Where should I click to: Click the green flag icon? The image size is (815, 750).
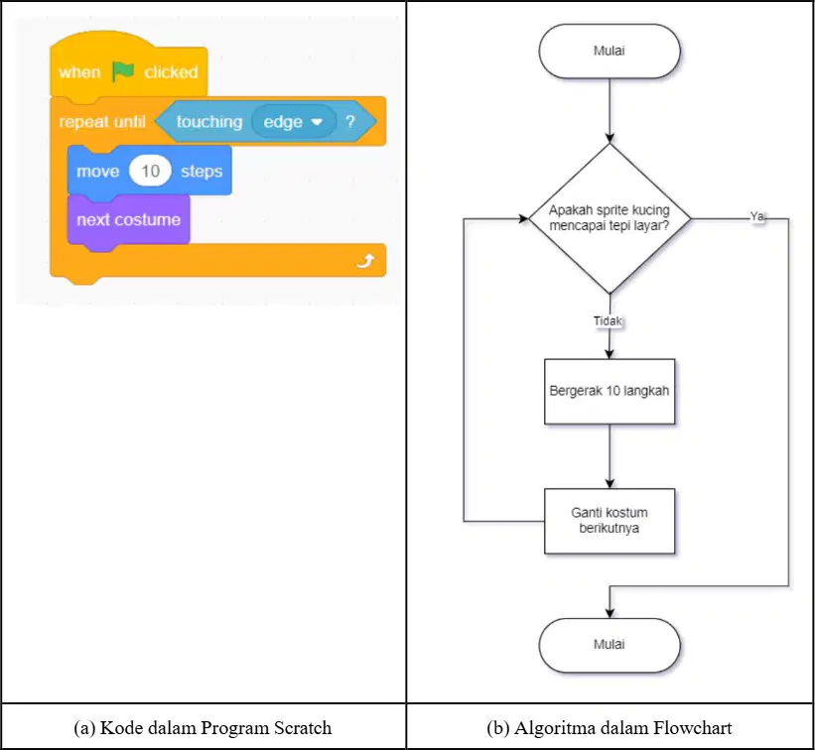(123, 71)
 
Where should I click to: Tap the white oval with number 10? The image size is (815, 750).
(150, 171)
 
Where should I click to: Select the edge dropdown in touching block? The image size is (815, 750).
(294, 122)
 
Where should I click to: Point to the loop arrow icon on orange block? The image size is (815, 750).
(365, 260)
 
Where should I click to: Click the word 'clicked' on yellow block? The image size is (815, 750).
(171, 71)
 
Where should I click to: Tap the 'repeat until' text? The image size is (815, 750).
(102, 122)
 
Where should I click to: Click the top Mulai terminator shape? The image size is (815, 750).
(610, 51)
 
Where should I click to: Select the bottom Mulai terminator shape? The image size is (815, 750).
(610, 645)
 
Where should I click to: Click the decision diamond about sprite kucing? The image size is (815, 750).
(610, 218)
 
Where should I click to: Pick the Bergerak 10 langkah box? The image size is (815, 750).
(610, 391)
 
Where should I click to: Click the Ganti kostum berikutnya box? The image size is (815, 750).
(610, 521)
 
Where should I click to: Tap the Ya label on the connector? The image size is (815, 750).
(757, 216)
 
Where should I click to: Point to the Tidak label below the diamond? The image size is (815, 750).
(608, 321)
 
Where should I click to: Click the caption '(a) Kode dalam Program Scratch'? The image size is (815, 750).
(203, 727)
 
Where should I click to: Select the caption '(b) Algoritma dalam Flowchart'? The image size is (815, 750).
(610, 727)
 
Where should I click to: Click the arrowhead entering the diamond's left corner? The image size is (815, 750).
(523, 218)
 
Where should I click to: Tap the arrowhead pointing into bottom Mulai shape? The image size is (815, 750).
(610, 613)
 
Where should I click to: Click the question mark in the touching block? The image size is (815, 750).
(350, 121)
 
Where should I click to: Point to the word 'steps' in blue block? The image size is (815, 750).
(202, 172)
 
